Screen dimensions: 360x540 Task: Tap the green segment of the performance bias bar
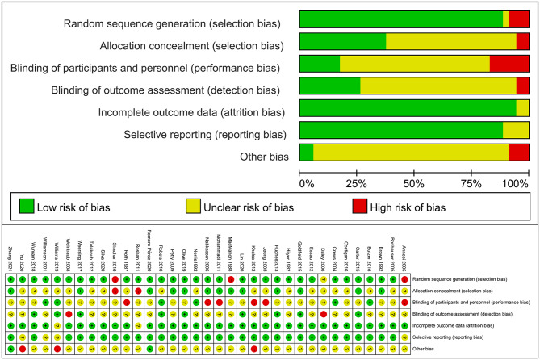coord(319,64)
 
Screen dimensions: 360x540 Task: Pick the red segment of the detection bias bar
coord(522,86)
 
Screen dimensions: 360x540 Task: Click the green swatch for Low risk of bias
coord(27,207)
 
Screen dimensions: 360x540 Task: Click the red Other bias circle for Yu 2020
coord(22,348)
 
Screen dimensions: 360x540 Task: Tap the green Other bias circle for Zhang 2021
coord(10,348)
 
